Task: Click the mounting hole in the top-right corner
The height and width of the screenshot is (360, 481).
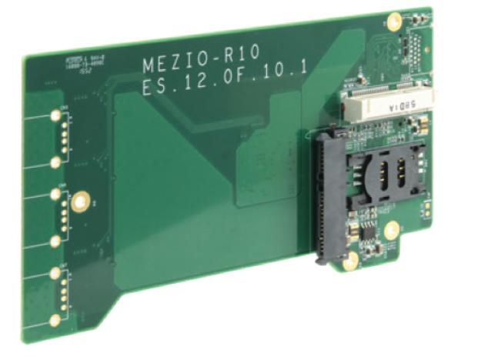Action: pos(393,22)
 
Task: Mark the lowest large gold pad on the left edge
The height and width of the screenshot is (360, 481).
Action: pos(55,320)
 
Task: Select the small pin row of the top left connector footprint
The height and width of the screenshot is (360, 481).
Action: pos(64,139)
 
